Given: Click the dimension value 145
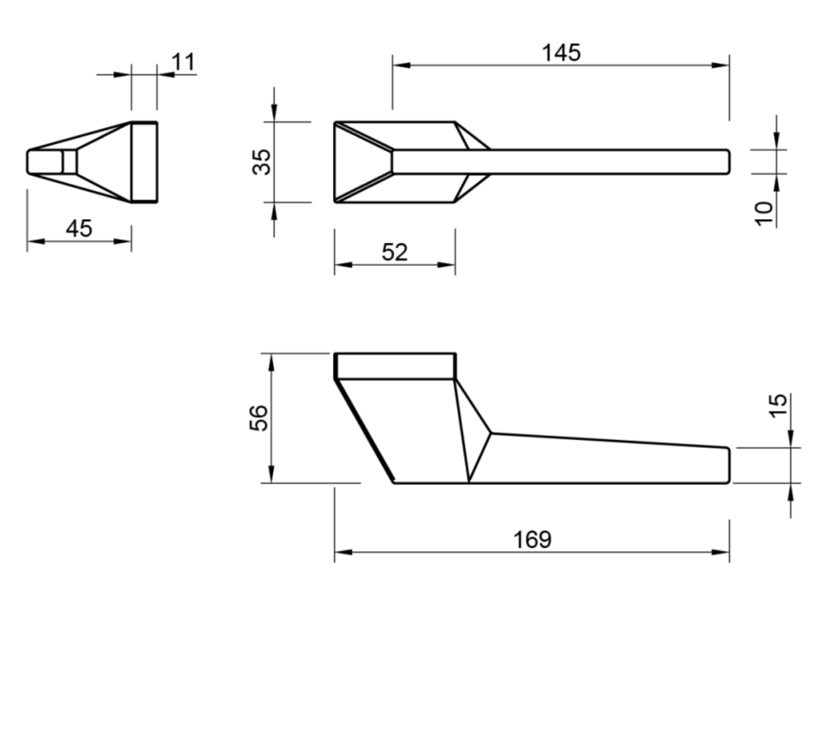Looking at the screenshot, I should [x=561, y=53].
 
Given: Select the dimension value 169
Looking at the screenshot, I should [x=532, y=540].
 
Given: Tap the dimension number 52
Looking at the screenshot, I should [x=394, y=252].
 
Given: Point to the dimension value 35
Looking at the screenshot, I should [x=262, y=162].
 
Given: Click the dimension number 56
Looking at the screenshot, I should [x=259, y=418].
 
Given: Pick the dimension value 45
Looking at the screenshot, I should [x=78, y=229].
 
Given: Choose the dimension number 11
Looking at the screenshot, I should [x=183, y=62].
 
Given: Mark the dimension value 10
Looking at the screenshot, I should [x=764, y=213].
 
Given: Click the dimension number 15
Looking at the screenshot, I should [x=778, y=406].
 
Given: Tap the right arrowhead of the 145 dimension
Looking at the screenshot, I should [x=722, y=65].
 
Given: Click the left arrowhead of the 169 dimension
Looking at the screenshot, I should [x=342, y=552].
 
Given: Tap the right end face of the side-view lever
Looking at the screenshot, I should [x=728, y=465].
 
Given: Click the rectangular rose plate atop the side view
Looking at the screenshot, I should [x=395, y=366].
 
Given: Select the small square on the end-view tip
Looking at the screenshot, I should [x=69, y=162].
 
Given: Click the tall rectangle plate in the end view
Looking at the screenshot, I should [x=145, y=162].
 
